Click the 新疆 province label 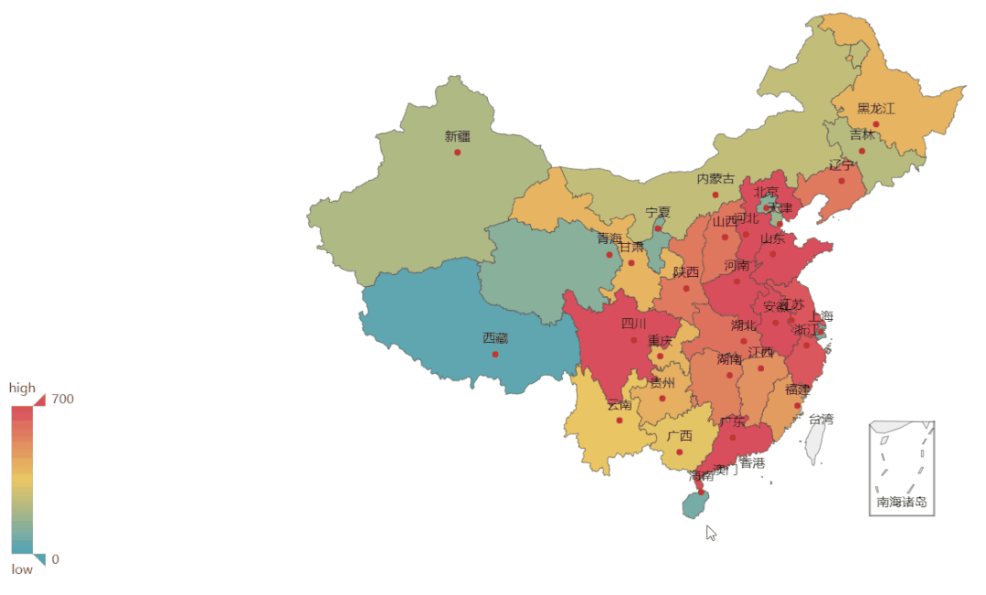(x=458, y=136)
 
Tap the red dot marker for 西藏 (x=495, y=354)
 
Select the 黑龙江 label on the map (x=875, y=108)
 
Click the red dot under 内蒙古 (x=716, y=195)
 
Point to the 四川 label (x=633, y=324)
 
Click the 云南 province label (x=619, y=405)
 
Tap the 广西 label (x=679, y=436)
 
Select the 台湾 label (x=821, y=419)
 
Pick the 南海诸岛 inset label (x=901, y=502)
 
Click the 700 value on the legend (x=63, y=398)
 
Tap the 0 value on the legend (x=56, y=559)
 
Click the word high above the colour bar (x=23, y=388)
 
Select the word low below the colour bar (x=22, y=569)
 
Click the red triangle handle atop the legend (x=40, y=399)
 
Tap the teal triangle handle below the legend (x=39, y=558)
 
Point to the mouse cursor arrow (x=711, y=532)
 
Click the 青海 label (x=610, y=239)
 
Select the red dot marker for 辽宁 (x=842, y=181)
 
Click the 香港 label (x=752, y=463)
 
